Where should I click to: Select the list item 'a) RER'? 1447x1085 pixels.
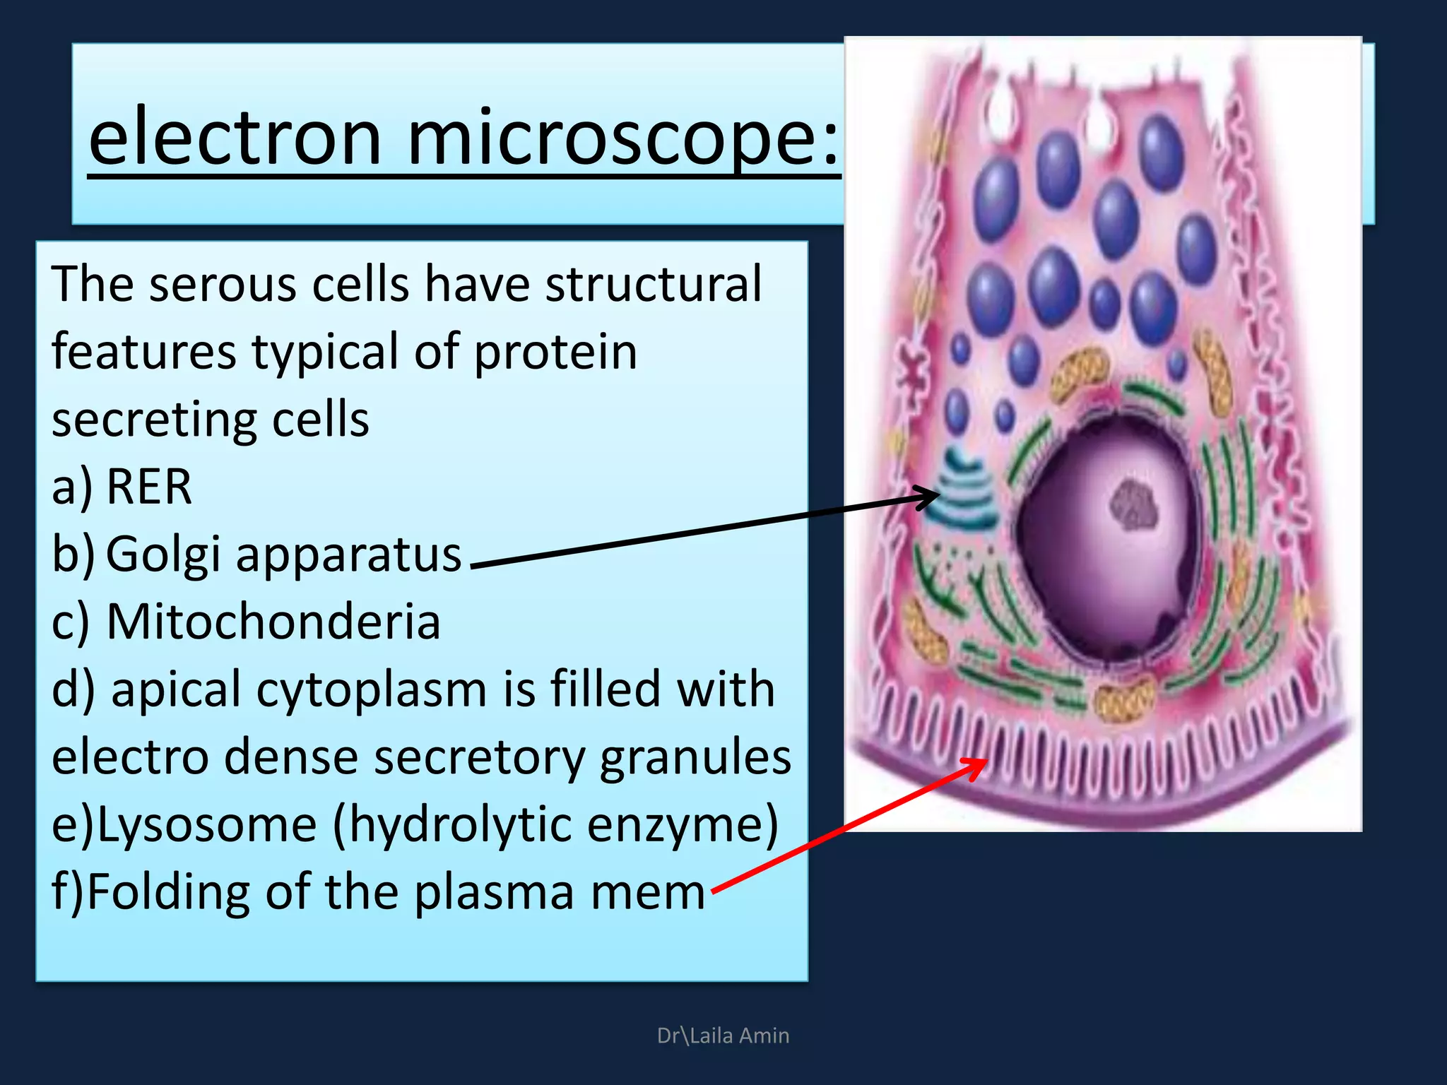(x=122, y=487)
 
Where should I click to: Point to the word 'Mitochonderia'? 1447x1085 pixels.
(x=273, y=622)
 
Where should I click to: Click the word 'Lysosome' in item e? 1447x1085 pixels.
(x=206, y=824)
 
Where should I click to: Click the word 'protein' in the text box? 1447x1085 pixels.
(x=555, y=352)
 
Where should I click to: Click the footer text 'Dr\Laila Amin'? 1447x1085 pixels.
(x=723, y=1036)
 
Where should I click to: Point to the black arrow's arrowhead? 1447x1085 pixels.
(x=931, y=497)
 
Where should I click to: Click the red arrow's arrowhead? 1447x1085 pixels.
(x=979, y=764)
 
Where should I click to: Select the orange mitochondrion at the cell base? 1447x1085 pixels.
(x=1124, y=699)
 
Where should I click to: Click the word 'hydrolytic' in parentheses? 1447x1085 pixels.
(x=460, y=824)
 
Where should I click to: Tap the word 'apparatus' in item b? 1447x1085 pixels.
(x=348, y=555)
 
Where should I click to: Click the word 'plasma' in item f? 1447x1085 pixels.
(x=495, y=892)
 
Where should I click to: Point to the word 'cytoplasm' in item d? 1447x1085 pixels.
(x=372, y=689)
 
